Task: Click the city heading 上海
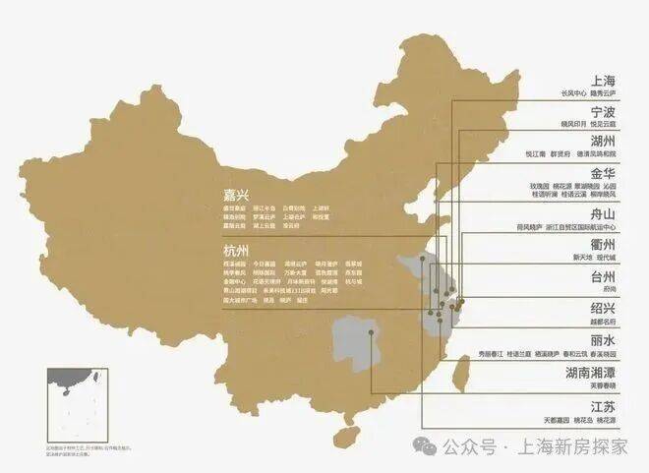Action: pyautogui.click(x=603, y=80)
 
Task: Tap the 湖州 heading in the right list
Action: pyautogui.click(x=603, y=141)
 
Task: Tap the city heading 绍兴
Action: pyautogui.click(x=603, y=307)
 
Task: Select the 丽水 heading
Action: pyautogui.click(x=603, y=339)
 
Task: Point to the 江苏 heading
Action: pyautogui.click(x=603, y=406)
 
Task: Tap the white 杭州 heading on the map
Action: pyautogui.click(x=236, y=250)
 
